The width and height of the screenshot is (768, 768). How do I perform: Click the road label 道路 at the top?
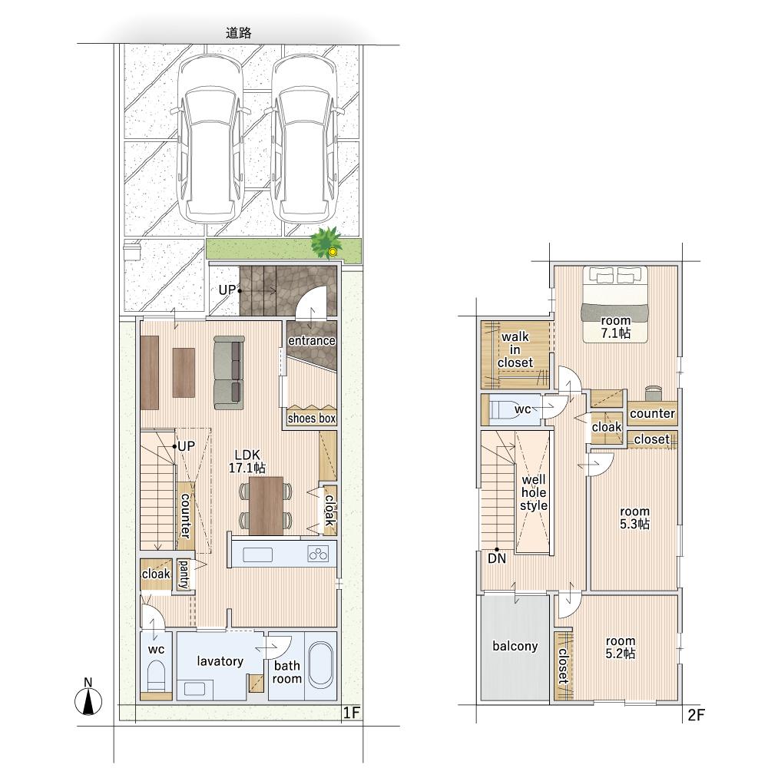click(x=239, y=33)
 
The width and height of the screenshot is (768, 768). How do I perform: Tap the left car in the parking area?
click(x=210, y=137)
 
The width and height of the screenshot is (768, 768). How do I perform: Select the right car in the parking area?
click(x=304, y=137)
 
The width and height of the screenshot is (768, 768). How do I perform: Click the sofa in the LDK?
click(x=229, y=372)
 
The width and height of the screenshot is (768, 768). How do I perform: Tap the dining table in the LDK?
click(x=266, y=506)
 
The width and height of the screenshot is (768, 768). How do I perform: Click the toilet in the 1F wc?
click(x=157, y=676)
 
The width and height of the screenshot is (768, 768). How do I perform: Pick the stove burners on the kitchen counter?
click(x=318, y=554)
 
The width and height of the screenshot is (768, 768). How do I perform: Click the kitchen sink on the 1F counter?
click(x=257, y=555)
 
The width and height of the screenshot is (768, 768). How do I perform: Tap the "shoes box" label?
click(x=312, y=419)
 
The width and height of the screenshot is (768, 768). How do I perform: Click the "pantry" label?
click(x=184, y=574)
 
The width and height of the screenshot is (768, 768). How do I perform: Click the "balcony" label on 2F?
click(x=515, y=646)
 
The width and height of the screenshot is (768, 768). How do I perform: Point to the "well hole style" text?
click(x=534, y=493)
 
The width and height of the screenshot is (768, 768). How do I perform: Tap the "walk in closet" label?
click(x=515, y=349)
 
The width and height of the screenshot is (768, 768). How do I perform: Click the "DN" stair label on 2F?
click(x=497, y=558)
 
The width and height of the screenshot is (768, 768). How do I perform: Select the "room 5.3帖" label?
click(x=634, y=518)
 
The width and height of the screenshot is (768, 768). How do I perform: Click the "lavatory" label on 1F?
click(x=220, y=661)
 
